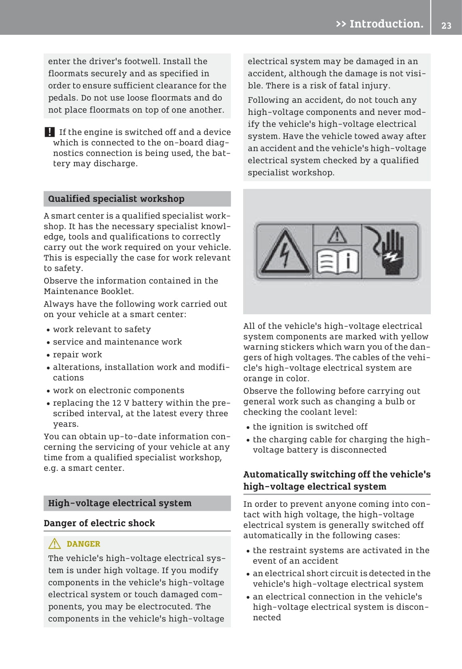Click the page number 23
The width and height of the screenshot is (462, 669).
(x=446, y=25)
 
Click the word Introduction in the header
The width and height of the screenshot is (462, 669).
(x=386, y=24)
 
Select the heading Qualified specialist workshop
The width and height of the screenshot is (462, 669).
(x=116, y=199)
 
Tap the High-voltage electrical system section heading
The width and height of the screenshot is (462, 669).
(x=120, y=503)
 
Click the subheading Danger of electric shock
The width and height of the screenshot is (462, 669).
(x=99, y=523)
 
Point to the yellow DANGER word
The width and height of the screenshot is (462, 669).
(x=83, y=544)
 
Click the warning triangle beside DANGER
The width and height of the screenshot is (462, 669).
(x=55, y=544)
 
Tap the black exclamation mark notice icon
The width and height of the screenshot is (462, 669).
(x=49, y=132)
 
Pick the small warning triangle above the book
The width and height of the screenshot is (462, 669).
(x=337, y=235)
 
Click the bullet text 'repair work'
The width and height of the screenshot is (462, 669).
(x=78, y=355)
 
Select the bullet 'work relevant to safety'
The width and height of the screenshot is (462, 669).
(x=102, y=330)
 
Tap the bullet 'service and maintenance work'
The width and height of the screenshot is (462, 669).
(x=117, y=342)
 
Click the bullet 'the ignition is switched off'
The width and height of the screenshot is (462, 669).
(x=310, y=427)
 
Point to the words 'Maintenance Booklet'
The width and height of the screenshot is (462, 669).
(x=88, y=291)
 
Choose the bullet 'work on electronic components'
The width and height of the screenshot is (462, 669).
(x=119, y=390)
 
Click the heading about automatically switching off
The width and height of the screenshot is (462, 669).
(x=337, y=480)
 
